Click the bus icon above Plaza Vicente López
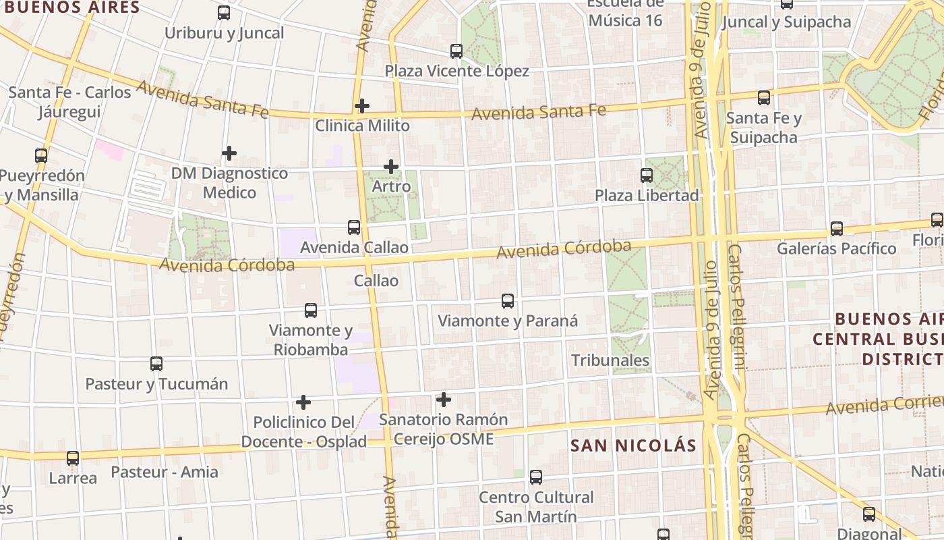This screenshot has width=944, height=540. click(x=456, y=51)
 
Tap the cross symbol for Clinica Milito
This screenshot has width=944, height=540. click(x=362, y=106)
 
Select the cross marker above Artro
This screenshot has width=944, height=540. click(x=391, y=167)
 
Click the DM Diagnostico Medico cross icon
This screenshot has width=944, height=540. click(x=229, y=153)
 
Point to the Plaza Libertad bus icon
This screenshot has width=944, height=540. click(x=647, y=175)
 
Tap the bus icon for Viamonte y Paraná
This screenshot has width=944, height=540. click(x=508, y=301)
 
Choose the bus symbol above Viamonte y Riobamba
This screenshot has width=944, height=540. click(x=311, y=310)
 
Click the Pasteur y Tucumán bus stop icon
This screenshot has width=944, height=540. click(x=156, y=364)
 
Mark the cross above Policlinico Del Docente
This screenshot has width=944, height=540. click(x=303, y=402)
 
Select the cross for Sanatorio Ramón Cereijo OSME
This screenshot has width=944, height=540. click(x=444, y=400)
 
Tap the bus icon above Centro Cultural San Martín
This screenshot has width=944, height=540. click(x=536, y=477)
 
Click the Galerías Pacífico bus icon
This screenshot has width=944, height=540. click(x=837, y=229)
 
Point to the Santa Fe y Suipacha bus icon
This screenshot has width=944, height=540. click(x=764, y=98)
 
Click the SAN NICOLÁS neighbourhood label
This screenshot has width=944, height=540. click(x=633, y=446)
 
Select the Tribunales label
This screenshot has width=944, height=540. click(x=610, y=360)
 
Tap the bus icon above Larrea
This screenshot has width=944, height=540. click(x=73, y=458)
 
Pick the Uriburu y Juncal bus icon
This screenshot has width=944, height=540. click(x=224, y=13)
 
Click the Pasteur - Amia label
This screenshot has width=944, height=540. click(x=165, y=472)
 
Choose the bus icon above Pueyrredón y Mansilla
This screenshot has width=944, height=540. click(x=41, y=156)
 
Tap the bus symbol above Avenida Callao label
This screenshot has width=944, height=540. click(x=354, y=227)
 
